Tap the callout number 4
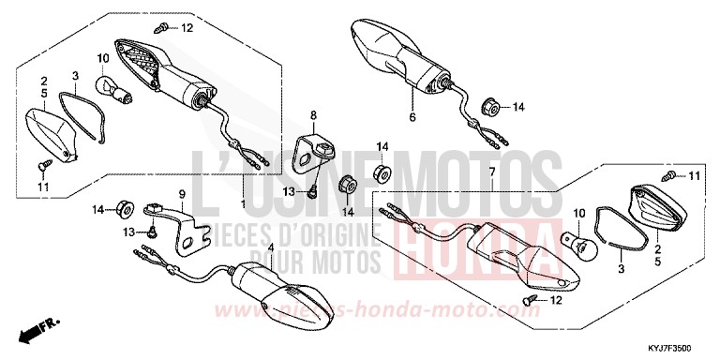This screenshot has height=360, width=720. tap(271, 247)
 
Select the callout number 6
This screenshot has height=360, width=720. tap(411, 118)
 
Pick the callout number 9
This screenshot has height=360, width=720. tap(182, 194)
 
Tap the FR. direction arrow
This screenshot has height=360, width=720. tap(37, 331)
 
